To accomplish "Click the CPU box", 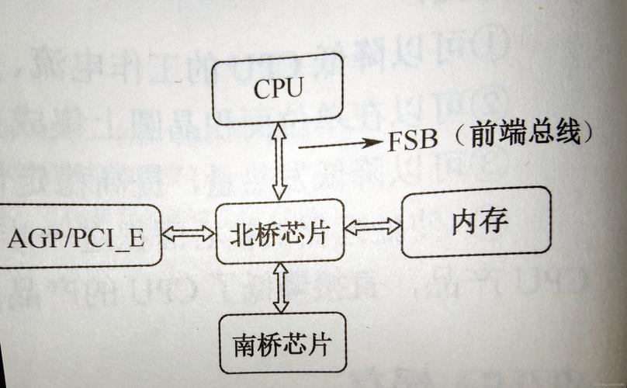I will (277, 88).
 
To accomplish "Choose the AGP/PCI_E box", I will (78, 237).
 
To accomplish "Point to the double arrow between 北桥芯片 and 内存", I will (372, 227).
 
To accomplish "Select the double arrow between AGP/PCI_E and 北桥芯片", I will (188, 233).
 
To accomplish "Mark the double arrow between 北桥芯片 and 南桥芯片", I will (281, 287).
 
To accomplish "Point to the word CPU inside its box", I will (277, 89).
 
